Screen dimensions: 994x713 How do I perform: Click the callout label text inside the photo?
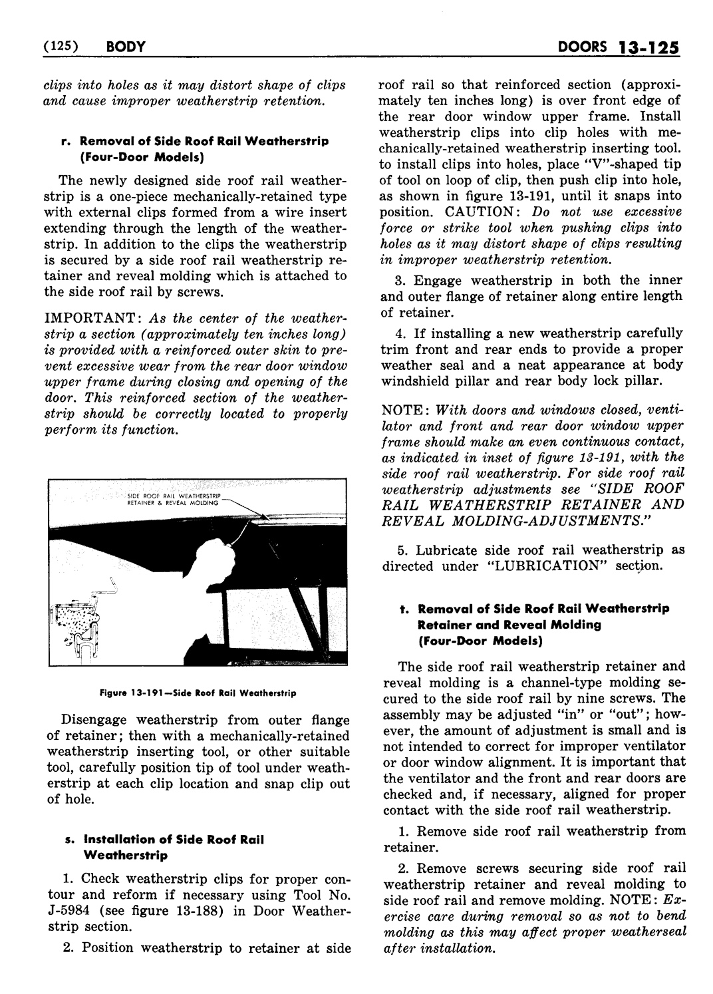[174, 500]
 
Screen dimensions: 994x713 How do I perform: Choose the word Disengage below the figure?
[94, 720]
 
